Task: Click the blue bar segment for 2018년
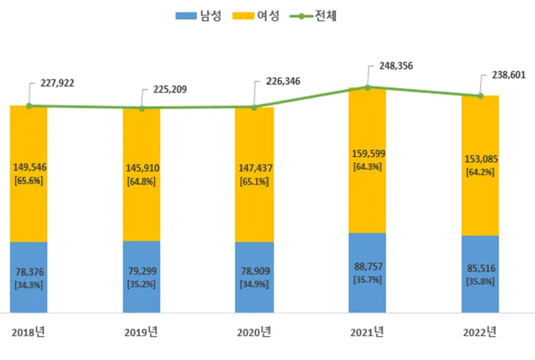(x=28, y=276)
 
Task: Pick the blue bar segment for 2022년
(x=480, y=273)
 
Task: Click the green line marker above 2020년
(x=254, y=107)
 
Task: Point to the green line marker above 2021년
(x=367, y=88)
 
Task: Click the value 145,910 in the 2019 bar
(x=141, y=168)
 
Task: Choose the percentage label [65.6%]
(x=28, y=180)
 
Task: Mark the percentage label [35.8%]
(x=480, y=281)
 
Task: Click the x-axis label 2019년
(x=141, y=332)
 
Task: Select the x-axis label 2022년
(x=480, y=332)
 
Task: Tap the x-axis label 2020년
(x=254, y=332)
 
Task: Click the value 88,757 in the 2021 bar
(x=367, y=268)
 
